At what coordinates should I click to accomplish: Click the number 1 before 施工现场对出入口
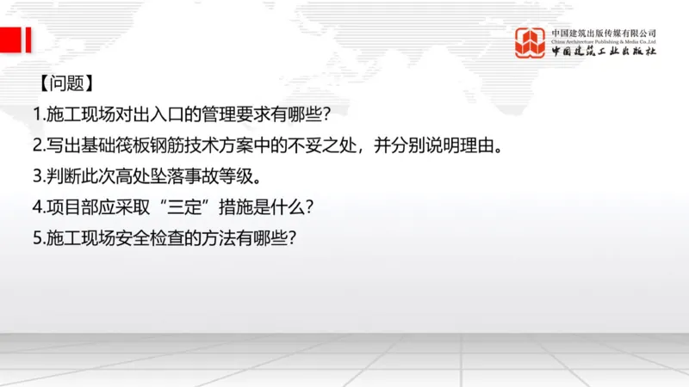click(x=37, y=115)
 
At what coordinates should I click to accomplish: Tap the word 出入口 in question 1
click(x=148, y=115)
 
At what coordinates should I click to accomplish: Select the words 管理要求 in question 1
click(x=229, y=115)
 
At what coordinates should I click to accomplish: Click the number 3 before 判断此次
click(x=37, y=176)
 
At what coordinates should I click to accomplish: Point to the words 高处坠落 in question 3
click(x=148, y=176)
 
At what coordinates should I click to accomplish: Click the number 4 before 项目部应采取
click(x=37, y=207)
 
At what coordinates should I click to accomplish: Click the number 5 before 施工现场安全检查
click(x=37, y=238)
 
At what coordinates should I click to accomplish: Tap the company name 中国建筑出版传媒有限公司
click(x=604, y=33)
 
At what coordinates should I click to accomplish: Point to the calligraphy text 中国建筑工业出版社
click(x=604, y=52)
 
